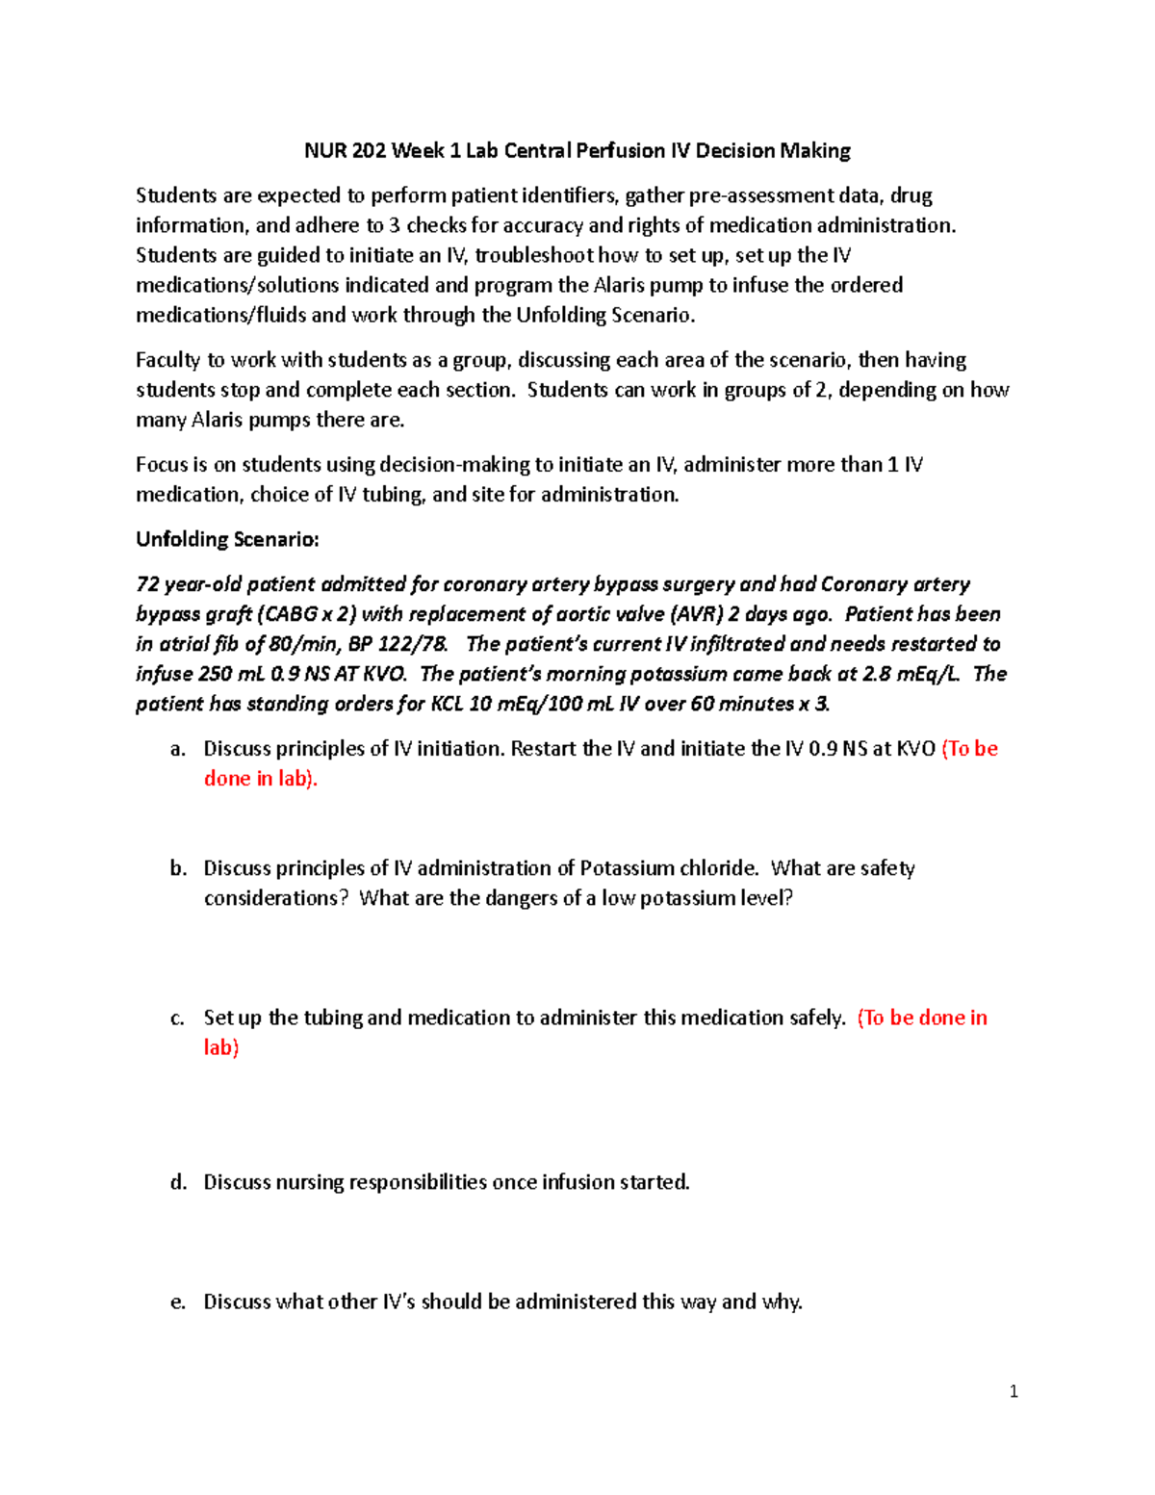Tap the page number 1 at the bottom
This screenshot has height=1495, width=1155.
point(1014,1391)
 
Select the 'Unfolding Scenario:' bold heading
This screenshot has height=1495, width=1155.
point(227,539)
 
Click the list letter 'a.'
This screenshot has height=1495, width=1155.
point(178,749)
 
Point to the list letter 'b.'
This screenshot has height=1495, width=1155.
point(178,868)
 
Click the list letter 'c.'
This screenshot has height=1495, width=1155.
point(178,1018)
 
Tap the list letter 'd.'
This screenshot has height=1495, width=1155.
point(178,1182)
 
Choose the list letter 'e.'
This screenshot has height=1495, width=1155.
point(178,1302)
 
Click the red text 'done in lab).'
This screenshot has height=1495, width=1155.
point(261,779)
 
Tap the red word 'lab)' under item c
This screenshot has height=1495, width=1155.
point(221,1047)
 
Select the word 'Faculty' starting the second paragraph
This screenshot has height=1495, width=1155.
point(167,360)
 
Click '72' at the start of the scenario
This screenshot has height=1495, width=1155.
point(147,584)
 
